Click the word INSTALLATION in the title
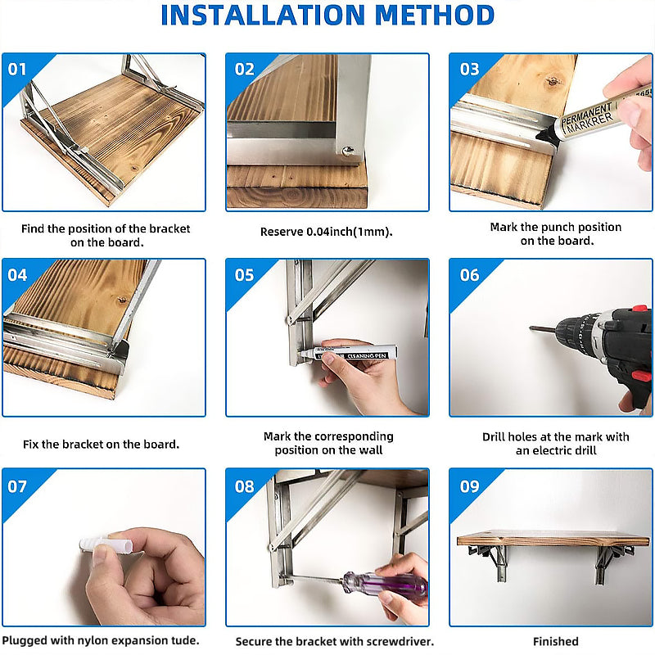coord(263,16)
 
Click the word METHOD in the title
coord(435,16)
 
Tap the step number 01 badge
coord(17,70)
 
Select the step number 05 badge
coord(244,275)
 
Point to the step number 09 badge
coord(469,486)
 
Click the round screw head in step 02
coord(346,151)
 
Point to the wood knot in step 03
coord(553,80)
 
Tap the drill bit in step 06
coord(544,329)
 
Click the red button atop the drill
coord(639,309)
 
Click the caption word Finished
coord(556,641)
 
